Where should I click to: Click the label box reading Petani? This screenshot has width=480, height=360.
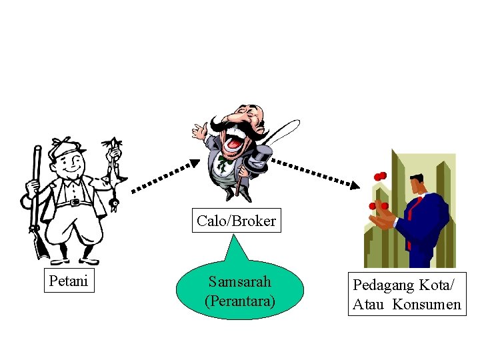69,281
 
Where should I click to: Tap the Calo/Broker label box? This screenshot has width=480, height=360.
237,221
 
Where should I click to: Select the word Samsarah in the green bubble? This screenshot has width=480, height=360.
239,282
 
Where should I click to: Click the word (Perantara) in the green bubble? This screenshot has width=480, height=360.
239,301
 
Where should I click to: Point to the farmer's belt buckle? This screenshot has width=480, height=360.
74,202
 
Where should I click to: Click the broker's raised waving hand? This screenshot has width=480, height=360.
198,130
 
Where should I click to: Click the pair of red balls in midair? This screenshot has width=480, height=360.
381,175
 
